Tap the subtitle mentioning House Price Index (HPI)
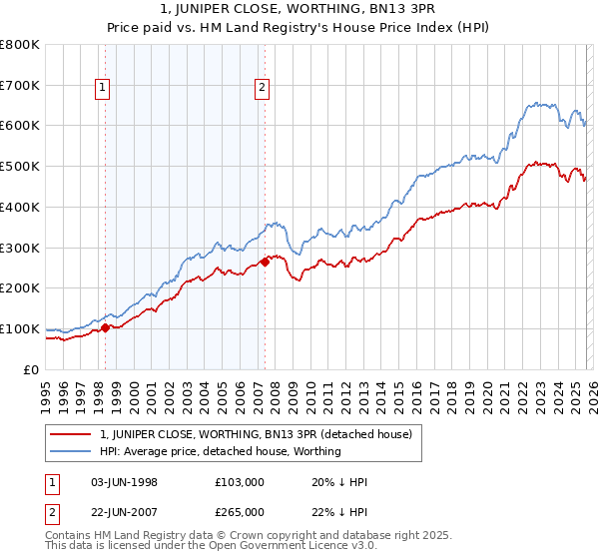point(299,29)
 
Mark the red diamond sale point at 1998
point(105,326)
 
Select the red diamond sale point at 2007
point(265,262)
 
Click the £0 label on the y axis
point(30,369)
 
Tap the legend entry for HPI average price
point(220,451)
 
